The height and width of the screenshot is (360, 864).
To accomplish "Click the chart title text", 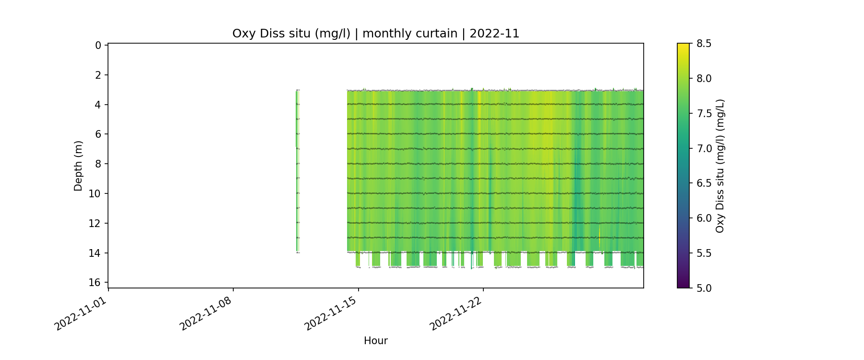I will point(375,34).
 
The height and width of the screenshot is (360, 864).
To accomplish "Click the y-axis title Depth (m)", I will point(78,166).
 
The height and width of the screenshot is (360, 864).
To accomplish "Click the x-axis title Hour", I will point(375,341).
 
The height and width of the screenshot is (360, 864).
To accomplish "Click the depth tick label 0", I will point(98,46).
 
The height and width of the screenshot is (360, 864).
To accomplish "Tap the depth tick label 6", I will point(98,134).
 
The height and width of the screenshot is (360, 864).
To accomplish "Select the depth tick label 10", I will point(95,194).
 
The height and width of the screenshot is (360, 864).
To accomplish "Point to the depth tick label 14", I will point(95,253).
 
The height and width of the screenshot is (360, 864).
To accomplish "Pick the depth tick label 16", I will point(95,283).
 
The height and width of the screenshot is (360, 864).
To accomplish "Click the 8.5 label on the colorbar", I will point(704,44).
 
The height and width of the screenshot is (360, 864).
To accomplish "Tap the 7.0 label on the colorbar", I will point(704,148).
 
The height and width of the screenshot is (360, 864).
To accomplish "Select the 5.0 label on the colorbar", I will point(704,288).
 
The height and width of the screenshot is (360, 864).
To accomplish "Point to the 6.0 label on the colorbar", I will point(704,218).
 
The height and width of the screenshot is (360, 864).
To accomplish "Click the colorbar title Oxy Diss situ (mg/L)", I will point(720,166).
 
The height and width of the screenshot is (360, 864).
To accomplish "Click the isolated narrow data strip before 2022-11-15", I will point(297,170).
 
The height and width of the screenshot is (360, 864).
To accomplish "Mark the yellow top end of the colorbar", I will point(683,46).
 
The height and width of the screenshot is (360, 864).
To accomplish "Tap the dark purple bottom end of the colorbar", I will point(683,286).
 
